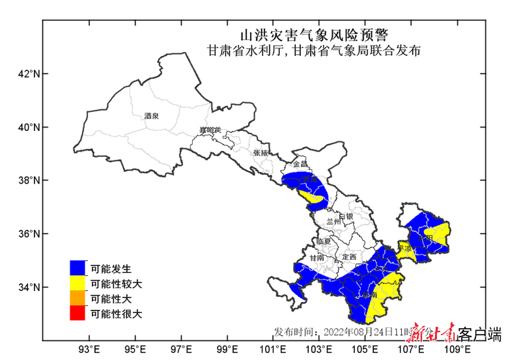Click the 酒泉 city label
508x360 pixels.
152,116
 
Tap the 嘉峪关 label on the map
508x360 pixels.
210,131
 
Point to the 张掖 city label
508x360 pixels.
261,153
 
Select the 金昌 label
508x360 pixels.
300,165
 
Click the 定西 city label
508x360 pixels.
350,256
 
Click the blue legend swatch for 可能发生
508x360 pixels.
78,268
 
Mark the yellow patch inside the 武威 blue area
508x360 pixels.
311,197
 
